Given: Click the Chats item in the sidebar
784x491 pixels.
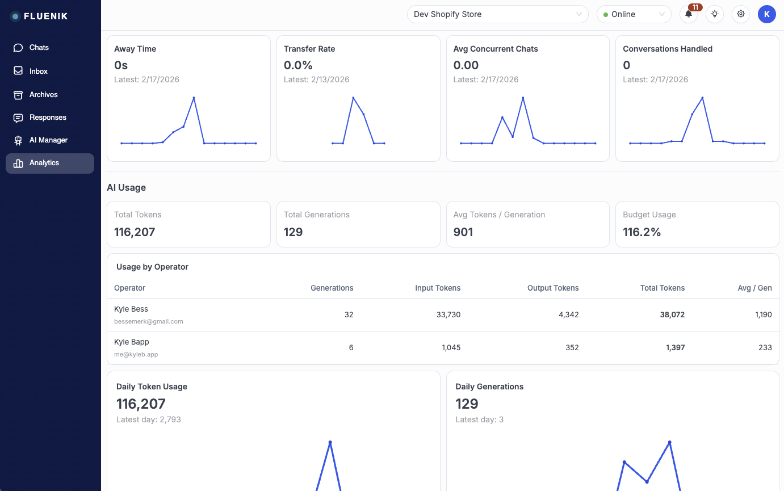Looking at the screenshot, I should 39,48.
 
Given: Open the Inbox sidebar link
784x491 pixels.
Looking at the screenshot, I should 38,72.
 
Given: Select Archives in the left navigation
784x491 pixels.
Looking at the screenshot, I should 43,95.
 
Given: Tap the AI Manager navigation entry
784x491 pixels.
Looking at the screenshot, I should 48,140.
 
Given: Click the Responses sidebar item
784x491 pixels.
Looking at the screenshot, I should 48,117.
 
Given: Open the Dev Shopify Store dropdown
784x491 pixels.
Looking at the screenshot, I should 497,14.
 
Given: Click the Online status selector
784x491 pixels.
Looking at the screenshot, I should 634,14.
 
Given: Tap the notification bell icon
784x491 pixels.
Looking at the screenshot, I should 689,14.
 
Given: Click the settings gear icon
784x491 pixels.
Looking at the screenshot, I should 740,14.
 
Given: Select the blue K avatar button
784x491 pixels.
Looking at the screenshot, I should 766,14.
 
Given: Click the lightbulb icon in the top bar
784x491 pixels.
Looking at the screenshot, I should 715,14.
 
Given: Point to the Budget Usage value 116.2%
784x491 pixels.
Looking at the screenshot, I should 642,232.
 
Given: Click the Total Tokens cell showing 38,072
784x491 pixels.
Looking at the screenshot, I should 672,314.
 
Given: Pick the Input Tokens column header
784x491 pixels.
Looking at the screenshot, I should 438,288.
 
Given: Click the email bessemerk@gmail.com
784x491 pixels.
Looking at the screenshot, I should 149,321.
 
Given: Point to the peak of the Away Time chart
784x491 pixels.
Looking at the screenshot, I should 194,98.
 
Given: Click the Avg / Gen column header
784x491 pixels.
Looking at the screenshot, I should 757,288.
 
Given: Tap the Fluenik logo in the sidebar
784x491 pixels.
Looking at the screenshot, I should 39,16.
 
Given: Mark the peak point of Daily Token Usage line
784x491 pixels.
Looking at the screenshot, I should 330,442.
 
